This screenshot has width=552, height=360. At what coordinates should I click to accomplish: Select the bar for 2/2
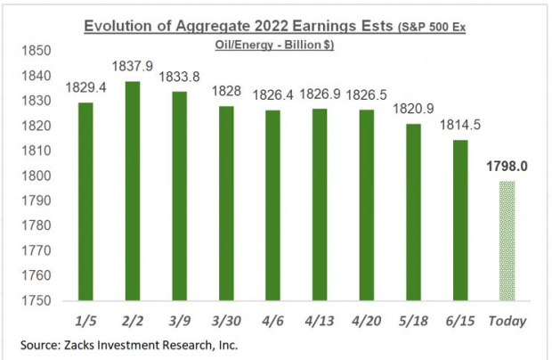click(x=132, y=191)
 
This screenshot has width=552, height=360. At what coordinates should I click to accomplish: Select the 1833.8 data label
click(x=179, y=76)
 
